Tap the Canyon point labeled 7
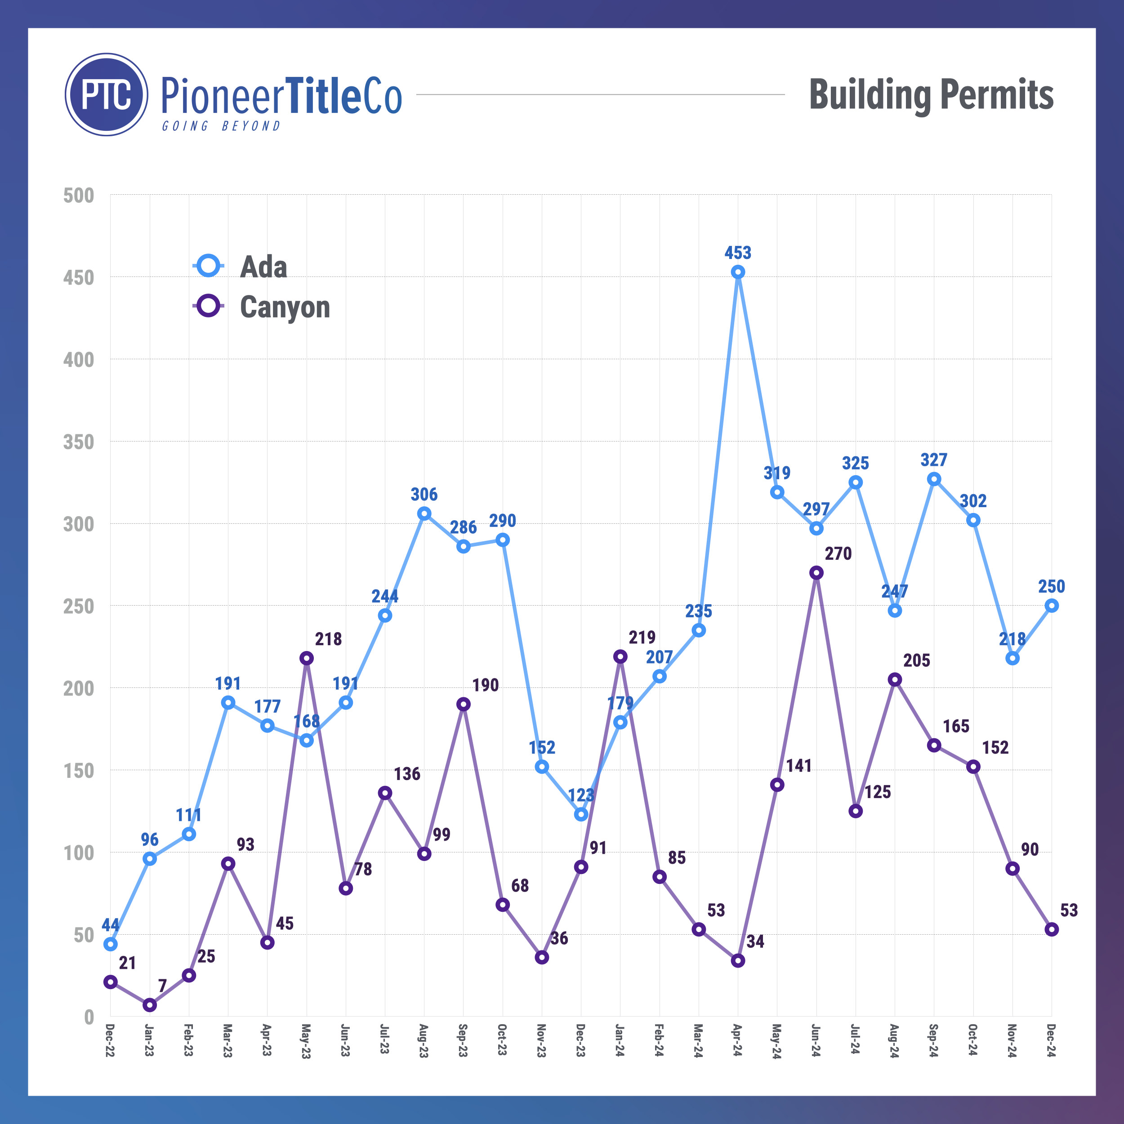tap(150, 1005)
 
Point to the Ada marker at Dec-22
tap(111, 944)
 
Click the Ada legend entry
tap(263, 267)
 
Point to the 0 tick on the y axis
tap(89, 1017)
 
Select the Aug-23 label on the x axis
tap(424, 1041)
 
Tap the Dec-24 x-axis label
tap(1051, 1041)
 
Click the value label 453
tap(738, 253)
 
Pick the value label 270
tap(838, 553)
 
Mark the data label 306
tap(424, 495)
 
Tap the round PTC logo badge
tap(107, 95)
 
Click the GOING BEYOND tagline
tap(221, 126)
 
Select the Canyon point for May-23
tap(307, 658)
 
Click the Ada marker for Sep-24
tap(934, 479)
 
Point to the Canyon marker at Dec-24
tap(1051, 930)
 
